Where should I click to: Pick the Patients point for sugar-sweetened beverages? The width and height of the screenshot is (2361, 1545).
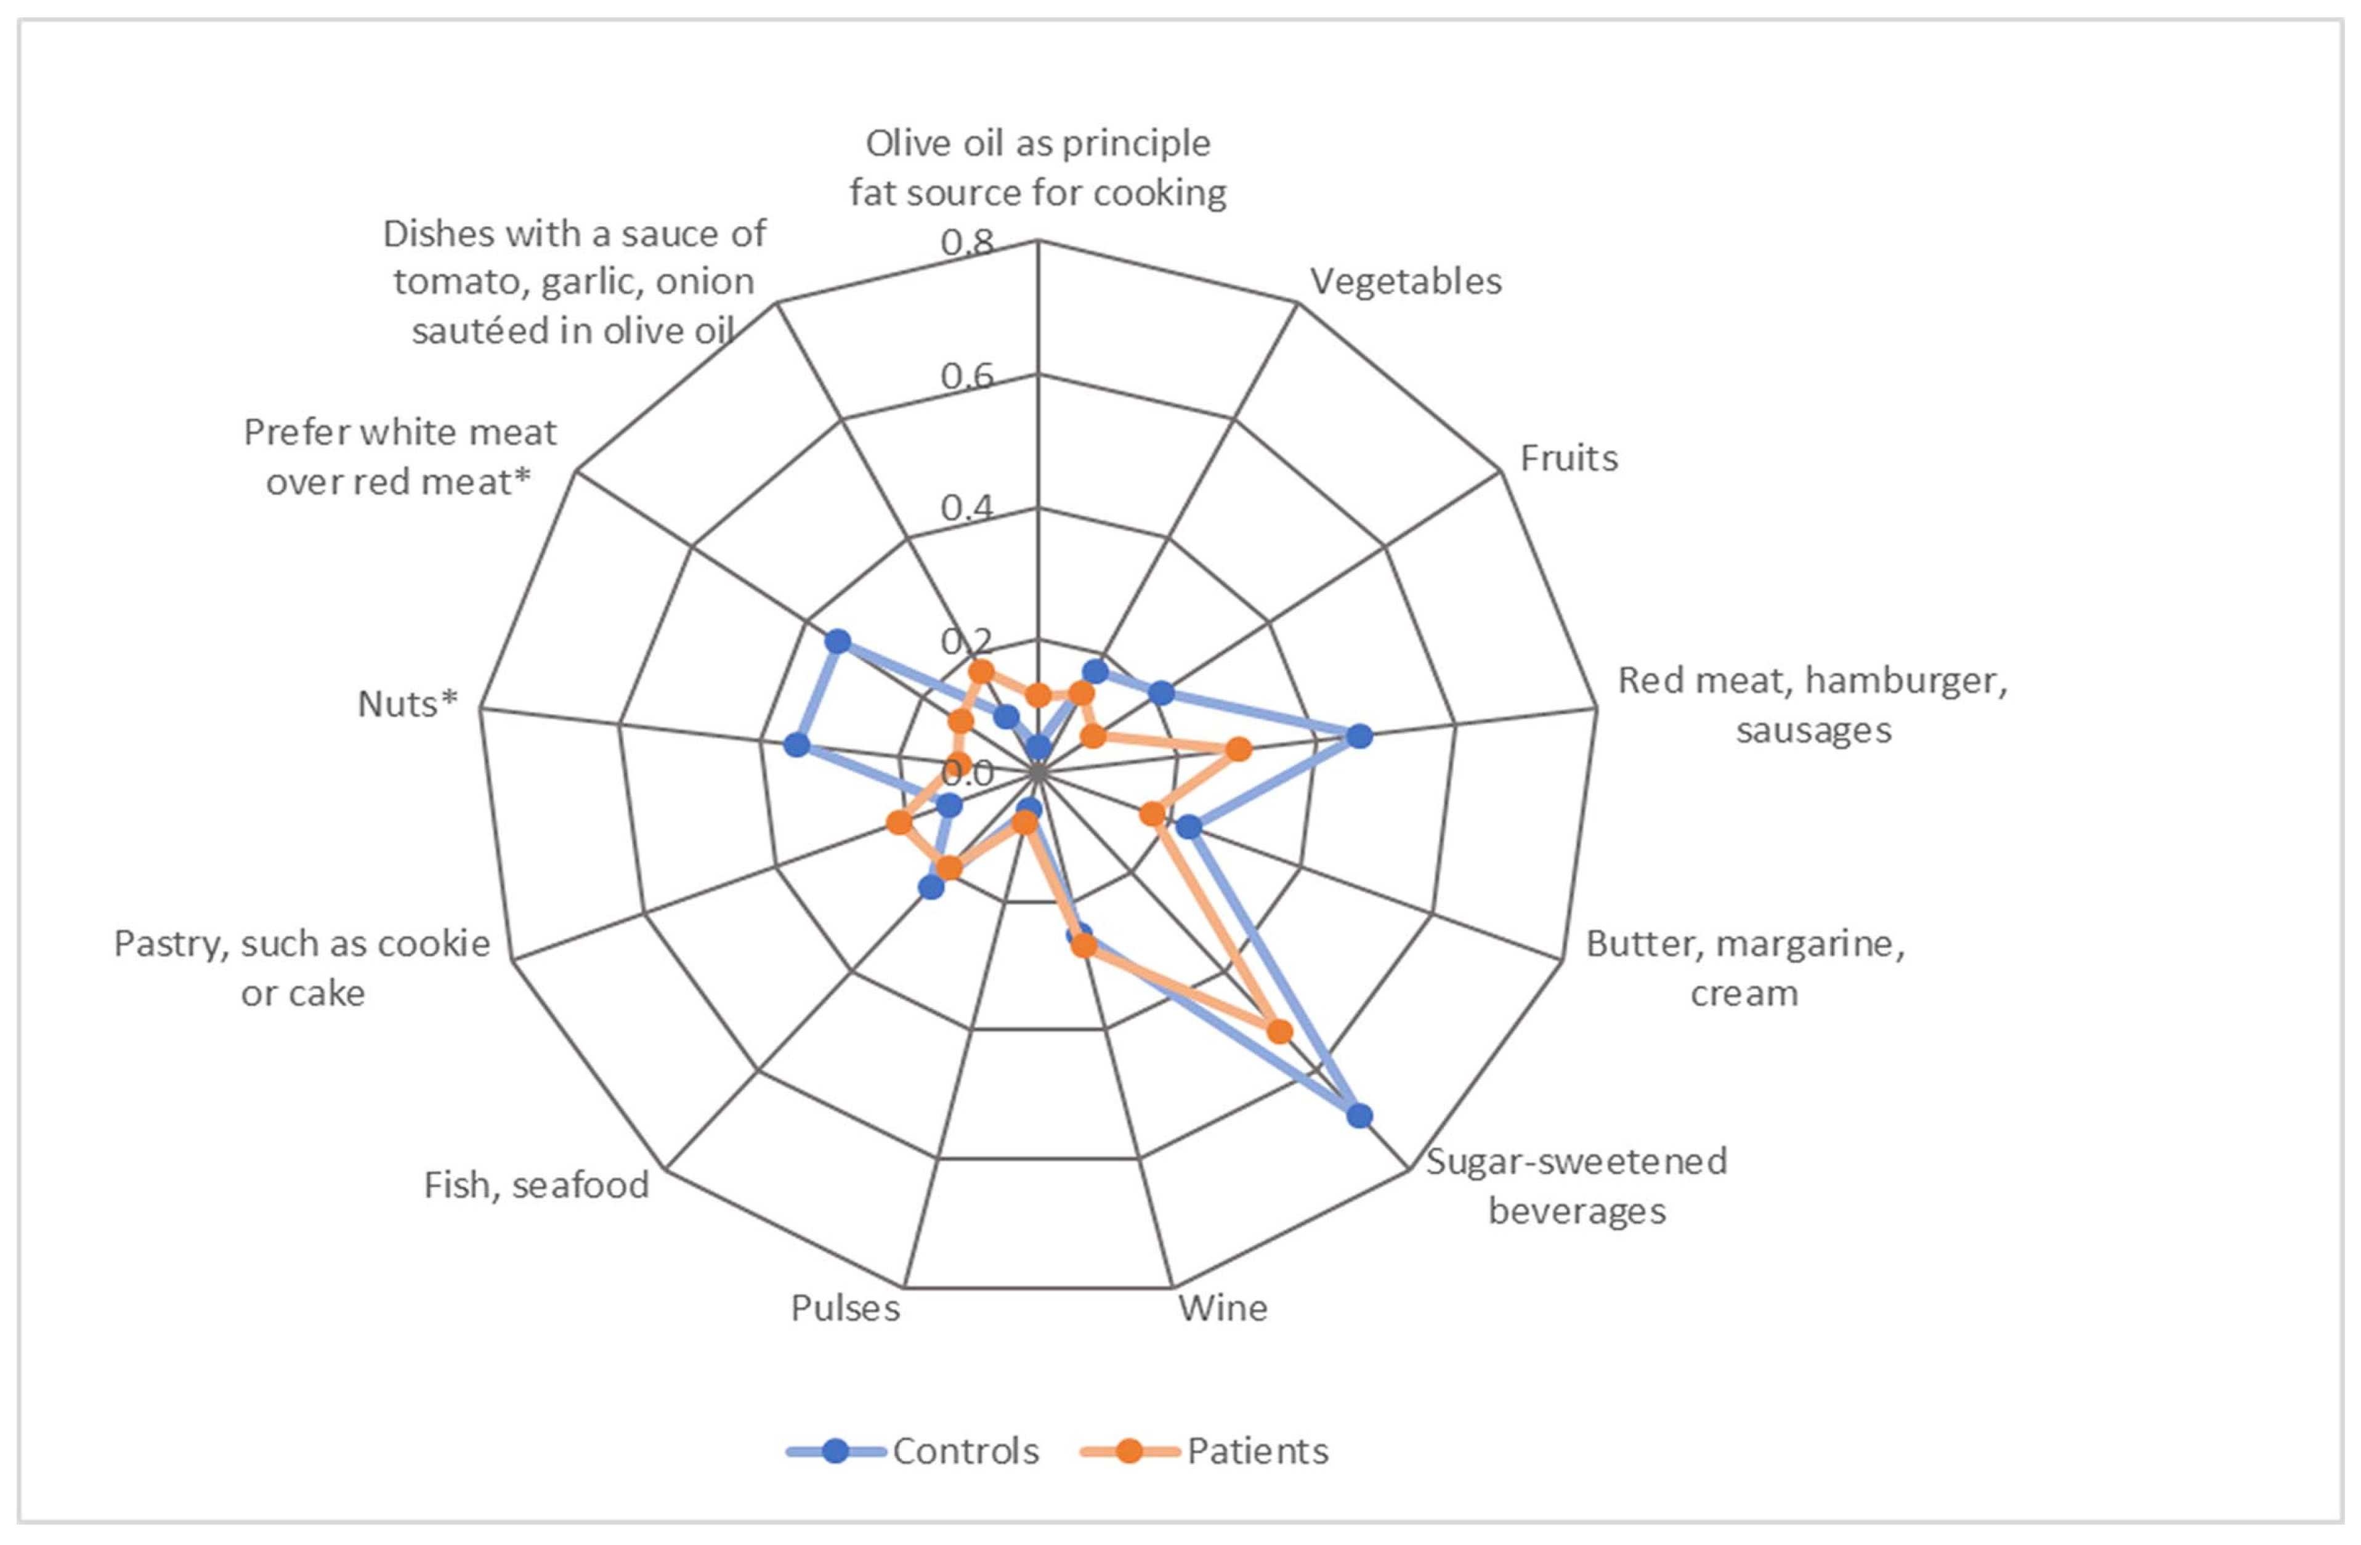tap(1280, 1032)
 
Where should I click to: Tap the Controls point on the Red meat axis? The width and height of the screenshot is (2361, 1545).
tap(1360, 736)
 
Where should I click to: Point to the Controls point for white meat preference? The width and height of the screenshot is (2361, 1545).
tap(838, 641)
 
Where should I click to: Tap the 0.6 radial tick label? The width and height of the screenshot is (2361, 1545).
tap(967, 375)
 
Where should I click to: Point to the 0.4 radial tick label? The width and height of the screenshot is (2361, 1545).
tap(967, 508)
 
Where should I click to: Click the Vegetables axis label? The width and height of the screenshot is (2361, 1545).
tap(1406, 282)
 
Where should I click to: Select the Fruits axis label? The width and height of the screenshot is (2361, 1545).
tap(1568, 458)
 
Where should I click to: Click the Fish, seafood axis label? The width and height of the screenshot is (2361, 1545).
tap(537, 1185)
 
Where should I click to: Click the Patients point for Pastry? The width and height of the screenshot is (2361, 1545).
tap(899, 822)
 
